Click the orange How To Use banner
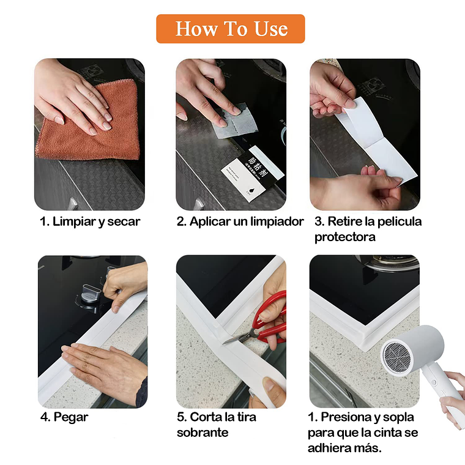pos(231,29)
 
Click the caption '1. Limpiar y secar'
pos(90,222)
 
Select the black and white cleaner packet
pos(252,173)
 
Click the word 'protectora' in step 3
pos(345,237)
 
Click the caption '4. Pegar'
pos(64,417)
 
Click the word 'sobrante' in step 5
pos(203,433)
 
